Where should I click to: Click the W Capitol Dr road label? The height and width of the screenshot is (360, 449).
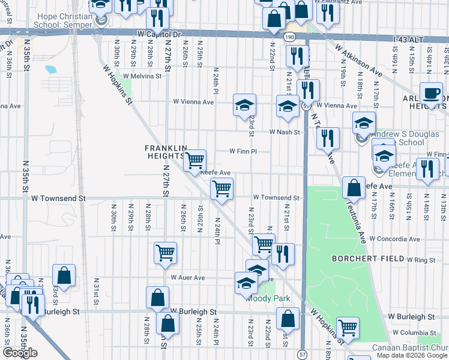(159, 34)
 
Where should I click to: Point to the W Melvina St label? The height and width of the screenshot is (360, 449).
(142, 76)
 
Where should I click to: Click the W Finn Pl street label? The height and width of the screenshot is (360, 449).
(242, 151)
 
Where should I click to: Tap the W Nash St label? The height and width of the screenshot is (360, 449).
(284, 132)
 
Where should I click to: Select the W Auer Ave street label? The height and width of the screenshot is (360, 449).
(187, 278)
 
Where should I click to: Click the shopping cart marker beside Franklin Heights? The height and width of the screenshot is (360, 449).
(194, 160)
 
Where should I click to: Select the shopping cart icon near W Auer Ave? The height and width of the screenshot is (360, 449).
(165, 252)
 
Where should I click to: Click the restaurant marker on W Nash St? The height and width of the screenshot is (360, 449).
(328, 138)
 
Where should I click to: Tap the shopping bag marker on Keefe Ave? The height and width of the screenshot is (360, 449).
(354, 187)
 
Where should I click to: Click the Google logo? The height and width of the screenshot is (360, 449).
(20, 353)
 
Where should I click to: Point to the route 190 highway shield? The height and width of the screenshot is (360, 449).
(290, 37)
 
